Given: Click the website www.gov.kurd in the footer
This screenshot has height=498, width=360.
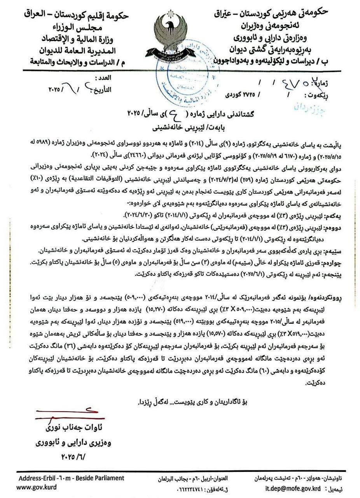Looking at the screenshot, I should pyautogui.click(x=36, y=487).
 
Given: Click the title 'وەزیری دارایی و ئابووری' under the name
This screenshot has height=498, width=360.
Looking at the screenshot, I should pyautogui.click(x=74, y=442).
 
